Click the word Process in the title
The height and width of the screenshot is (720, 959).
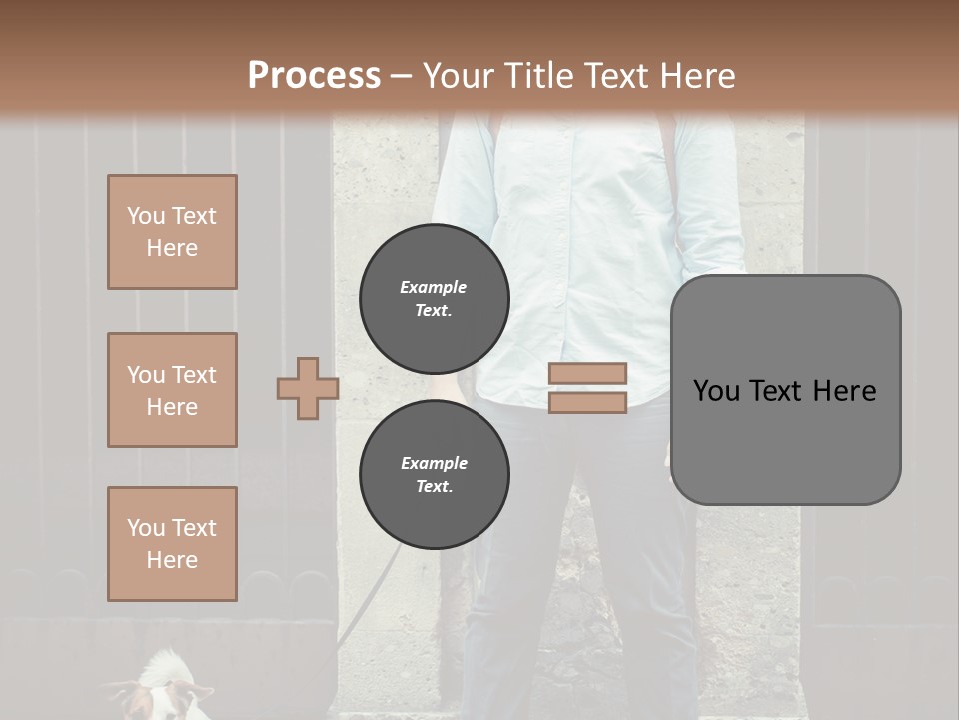pos(314,76)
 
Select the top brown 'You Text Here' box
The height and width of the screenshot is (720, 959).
pos(172,232)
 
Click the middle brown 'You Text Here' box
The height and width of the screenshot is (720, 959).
pos(172,390)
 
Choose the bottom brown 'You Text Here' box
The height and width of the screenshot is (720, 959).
pos(172,544)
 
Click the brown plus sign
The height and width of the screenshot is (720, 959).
pos(308,388)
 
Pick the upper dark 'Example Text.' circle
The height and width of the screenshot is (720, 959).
pos(434,298)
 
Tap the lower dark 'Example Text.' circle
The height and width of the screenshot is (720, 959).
pos(434,474)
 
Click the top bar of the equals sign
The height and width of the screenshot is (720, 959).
pos(587,373)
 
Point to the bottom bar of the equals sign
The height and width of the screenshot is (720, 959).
pos(587,403)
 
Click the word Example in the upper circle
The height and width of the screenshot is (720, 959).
pos(434,287)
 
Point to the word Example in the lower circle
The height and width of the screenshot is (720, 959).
pos(434,463)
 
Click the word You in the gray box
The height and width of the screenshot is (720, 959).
pos(717,390)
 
